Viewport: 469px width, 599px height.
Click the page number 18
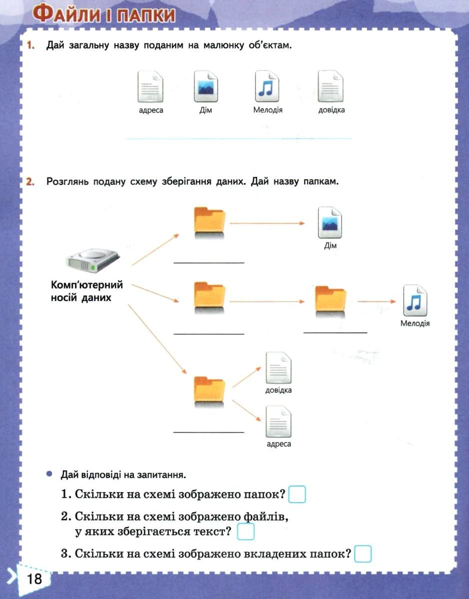point(34,579)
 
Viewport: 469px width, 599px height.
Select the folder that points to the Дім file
point(210,222)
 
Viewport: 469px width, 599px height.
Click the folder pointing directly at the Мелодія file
point(330,302)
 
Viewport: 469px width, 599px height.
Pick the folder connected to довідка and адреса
point(210,391)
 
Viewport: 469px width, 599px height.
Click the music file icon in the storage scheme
point(415,300)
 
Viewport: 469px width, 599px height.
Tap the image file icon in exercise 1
point(206,86)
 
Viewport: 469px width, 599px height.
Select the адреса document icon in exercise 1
point(150,86)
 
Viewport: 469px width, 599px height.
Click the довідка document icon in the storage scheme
point(278,368)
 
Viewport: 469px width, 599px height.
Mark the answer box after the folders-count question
point(297,494)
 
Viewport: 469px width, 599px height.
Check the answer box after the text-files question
point(246,532)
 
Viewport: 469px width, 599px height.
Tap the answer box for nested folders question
point(363,554)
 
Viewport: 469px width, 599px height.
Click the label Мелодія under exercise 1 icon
point(268,110)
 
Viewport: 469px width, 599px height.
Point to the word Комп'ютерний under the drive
point(87,285)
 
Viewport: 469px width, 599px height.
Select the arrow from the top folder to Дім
point(267,223)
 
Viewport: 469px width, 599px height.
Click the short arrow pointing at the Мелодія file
point(377,301)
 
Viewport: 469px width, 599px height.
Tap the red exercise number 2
point(30,182)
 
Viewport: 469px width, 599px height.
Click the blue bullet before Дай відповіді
point(49,474)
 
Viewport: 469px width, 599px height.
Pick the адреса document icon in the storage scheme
point(278,422)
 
